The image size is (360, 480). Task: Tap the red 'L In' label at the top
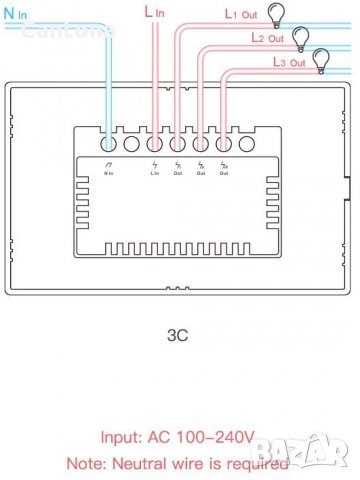tap(156, 12)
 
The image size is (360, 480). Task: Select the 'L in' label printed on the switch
tap(155, 172)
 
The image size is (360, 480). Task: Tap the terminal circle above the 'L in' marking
tap(155, 141)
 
